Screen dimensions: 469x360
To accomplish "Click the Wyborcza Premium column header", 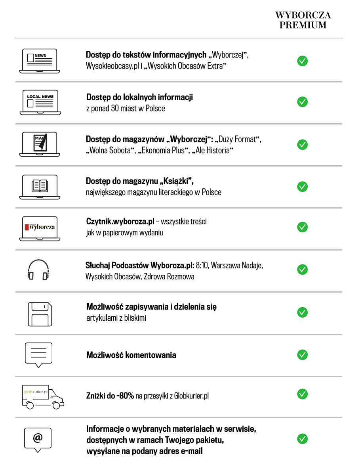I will click(x=303, y=20).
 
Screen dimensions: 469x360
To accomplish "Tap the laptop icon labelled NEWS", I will click(x=40, y=61).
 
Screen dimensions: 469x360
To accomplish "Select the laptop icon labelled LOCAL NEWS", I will click(x=40, y=102).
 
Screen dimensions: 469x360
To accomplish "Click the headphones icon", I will click(x=38, y=270).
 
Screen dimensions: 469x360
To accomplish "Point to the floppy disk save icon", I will click(x=40, y=314).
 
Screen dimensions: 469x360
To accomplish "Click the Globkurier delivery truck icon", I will click(x=43, y=396).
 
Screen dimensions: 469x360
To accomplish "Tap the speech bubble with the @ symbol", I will click(x=38, y=439).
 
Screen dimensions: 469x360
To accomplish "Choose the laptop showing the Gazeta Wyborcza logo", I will click(x=40, y=228).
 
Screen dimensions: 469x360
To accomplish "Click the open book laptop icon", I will click(x=40, y=186).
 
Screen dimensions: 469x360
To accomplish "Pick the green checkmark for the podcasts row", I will click(x=302, y=270).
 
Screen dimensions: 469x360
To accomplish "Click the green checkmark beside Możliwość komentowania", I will click(x=302, y=354).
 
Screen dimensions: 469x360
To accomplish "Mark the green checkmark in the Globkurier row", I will click(x=302, y=394).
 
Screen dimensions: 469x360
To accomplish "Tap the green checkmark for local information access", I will click(x=302, y=102).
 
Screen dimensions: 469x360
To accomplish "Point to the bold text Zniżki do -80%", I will click(x=110, y=396).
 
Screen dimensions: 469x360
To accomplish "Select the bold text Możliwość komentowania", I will click(x=131, y=355).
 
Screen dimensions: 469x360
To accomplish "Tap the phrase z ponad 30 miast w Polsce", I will click(x=126, y=108).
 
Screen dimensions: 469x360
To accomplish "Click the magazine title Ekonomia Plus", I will click(x=162, y=151).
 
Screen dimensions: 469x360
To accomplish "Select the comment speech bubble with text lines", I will click(x=38, y=353).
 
